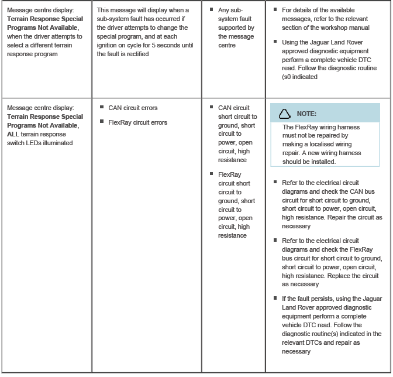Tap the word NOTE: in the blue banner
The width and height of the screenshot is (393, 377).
[307, 114]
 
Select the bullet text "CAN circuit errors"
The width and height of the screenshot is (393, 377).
[133, 108]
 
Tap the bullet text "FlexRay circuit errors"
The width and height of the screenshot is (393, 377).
[137, 122]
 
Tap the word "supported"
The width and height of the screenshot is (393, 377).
[232, 28]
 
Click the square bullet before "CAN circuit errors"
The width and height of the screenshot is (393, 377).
[102, 107]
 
